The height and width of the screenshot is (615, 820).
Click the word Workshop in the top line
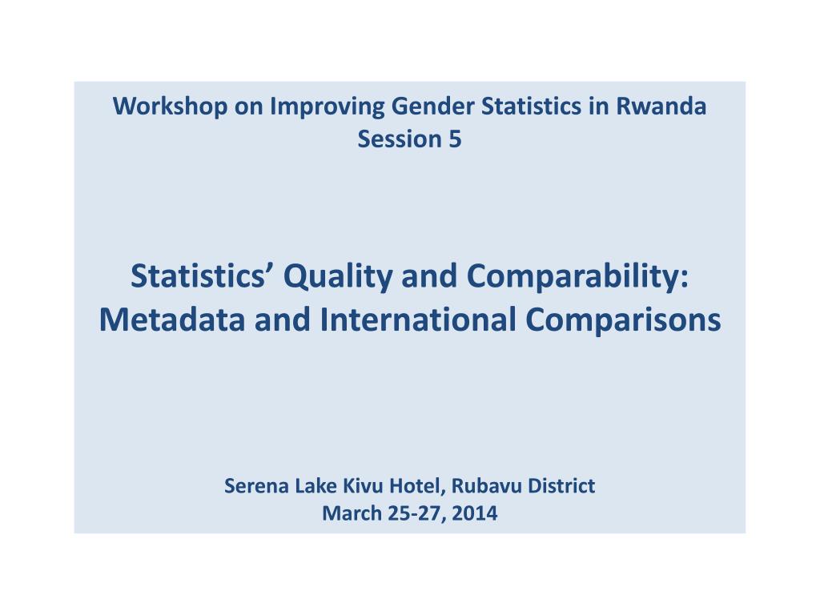pyautogui.click(x=170, y=107)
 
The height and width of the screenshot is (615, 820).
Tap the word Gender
pyautogui.click(x=432, y=107)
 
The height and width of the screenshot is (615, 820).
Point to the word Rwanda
pyautogui.click(x=661, y=107)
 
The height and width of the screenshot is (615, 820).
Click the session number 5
pyautogui.click(x=455, y=139)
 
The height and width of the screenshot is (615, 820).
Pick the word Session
pyautogui.click(x=400, y=139)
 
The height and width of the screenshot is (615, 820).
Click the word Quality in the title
pyautogui.click(x=338, y=276)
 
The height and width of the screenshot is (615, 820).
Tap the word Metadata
pyautogui.click(x=172, y=320)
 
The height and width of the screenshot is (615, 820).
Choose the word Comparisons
pyautogui.click(x=623, y=320)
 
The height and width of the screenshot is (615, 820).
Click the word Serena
pyautogui.click(x=256, y=486)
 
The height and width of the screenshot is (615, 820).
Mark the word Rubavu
pyautogui.click(x=486, y=486)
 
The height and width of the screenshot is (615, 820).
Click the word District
pyautogui.click(x=561, y=486)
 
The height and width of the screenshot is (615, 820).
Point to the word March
pyautogui.click(x=352, y=513)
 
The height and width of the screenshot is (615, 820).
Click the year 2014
pyautogui.click(x=474, y=513)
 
